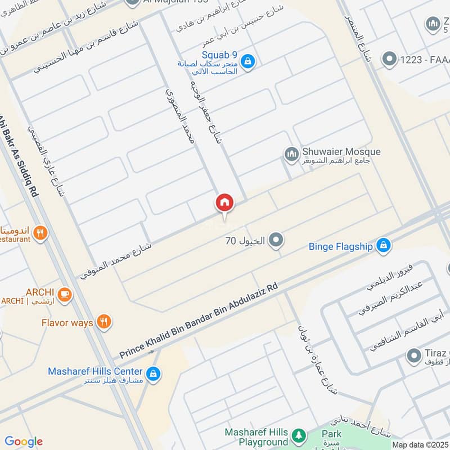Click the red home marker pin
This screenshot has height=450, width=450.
coord(224,203)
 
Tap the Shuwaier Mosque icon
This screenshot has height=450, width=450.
coord(291,154)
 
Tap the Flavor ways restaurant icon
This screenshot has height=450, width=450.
coord(103,322)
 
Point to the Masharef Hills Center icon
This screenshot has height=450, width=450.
coord(152,373)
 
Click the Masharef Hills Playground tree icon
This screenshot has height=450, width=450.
coord(299,436)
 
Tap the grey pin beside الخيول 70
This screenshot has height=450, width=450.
coord(276,241)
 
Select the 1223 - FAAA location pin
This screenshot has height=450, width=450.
coord(389,58)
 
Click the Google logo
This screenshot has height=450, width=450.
coord(24,442)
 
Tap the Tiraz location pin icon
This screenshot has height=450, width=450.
coord(415,356)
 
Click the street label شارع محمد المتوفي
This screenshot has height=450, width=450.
coord(115,261)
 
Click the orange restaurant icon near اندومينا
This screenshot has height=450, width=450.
coord(40,233)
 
